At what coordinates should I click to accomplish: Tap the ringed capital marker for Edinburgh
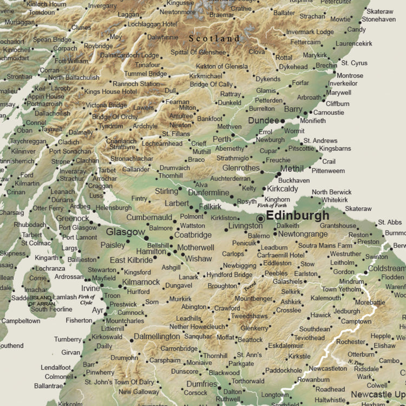261,217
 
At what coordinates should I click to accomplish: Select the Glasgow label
126,232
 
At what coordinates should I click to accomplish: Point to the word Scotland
214,39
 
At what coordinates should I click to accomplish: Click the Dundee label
263,121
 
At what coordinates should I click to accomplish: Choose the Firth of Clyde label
86,299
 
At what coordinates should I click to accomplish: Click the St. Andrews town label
320,141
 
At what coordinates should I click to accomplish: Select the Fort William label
72,61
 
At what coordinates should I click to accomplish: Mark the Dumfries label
202,384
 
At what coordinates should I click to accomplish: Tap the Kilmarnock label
141,282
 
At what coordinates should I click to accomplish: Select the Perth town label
221,139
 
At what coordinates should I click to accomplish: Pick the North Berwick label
331,192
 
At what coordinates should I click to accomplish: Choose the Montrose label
349,76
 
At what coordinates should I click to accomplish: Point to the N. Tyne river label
356,362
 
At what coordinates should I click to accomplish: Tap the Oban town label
24,130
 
